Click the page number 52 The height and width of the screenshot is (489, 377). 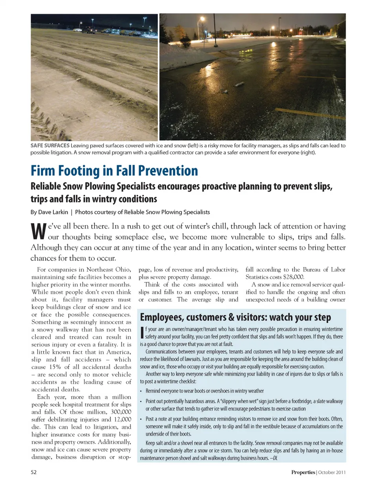(33, 472)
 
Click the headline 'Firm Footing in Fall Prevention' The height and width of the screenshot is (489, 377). (114, 171)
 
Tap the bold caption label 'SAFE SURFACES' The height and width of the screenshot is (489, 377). (50, 145)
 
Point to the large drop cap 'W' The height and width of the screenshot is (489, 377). (38, 231)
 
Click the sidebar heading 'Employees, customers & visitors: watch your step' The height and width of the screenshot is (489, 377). (235, 317)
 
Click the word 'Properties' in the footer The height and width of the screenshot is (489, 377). (303, 472)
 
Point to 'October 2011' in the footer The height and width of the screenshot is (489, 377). (332, 472)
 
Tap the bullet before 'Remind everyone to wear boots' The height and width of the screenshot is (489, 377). (141, 391)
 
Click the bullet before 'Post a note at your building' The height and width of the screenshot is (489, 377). (141, 419)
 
